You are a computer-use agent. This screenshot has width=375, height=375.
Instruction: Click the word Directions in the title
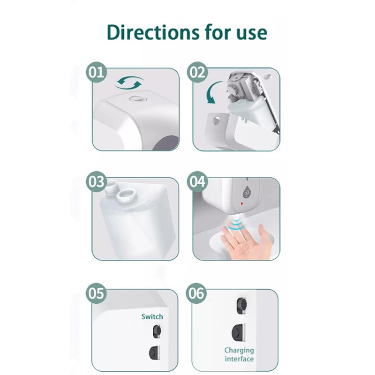tap(153, 32)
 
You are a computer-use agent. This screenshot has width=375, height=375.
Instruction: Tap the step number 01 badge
tap(96, 72)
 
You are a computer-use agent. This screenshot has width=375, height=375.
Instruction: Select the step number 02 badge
tap(197, 72)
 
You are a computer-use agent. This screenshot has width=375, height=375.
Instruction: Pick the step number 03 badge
tap(96, 181)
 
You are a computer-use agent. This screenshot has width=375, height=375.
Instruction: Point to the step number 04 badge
tap(197, 181)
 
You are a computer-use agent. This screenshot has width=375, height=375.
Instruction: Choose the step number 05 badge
tap(96, 293)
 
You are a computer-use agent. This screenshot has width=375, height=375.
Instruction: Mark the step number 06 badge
tap(196, 293)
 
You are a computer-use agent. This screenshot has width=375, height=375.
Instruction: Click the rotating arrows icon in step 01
tap(129, 83)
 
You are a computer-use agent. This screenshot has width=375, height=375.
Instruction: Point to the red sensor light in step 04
tap(242, 203)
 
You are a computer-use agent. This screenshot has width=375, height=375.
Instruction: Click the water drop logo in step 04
tap(247, 192)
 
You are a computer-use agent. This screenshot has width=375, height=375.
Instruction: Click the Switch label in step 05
tap(152, 317)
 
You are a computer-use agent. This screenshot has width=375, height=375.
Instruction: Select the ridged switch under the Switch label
tap(157, 331)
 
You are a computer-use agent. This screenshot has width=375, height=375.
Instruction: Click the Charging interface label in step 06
tap(239, 355)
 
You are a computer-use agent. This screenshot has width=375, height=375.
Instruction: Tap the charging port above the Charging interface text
tap(238, 332)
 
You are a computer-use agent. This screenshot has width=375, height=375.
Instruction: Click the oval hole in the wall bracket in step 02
tap(217, 120)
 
